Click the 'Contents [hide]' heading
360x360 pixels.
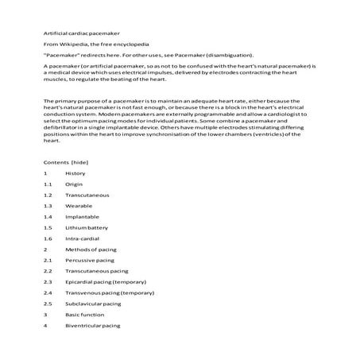66,161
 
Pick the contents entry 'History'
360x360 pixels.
76,172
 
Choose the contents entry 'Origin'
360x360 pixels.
75,184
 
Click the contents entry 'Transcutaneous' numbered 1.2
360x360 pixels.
87,195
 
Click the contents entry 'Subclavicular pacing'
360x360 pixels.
95,304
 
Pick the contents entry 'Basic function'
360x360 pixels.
84,314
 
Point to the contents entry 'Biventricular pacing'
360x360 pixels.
93,325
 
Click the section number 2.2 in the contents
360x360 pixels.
48,271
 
